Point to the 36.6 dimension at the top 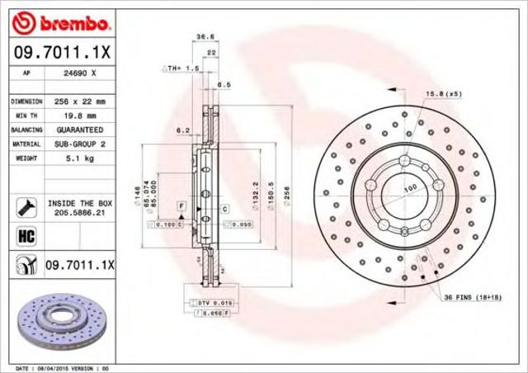201,36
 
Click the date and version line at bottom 64,366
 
